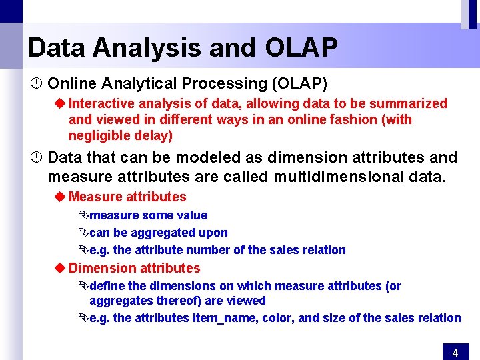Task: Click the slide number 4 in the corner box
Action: pyautogui.click(x=455, y=353)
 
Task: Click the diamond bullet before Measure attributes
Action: pyautogui.click(x=59, y=197)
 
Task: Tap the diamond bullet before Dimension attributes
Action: pyautogui.click(x=59, y=268)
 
